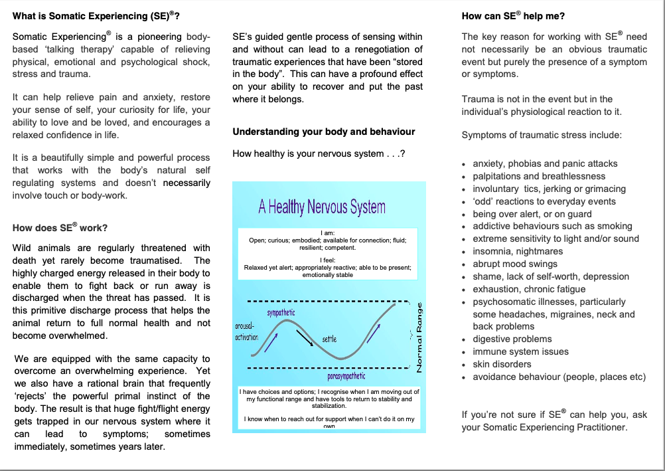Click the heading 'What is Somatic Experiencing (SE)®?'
point(96,15)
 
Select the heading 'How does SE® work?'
point(60,228)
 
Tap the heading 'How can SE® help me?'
point(513,15)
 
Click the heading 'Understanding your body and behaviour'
point(323,132)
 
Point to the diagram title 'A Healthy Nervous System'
point(322,207)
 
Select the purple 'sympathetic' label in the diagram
point(281,312)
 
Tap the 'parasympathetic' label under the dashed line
point(346,376)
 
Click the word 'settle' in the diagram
point(329,339)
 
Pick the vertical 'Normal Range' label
point(419,337)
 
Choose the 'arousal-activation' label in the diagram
point(246,331)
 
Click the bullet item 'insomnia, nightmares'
point(518,251)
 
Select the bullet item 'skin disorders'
point(502,364)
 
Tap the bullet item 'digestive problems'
point(512,339)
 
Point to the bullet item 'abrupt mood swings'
point(515,264)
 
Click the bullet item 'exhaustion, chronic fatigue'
point(529,289)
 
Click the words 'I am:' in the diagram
point(327,233)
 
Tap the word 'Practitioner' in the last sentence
point(596,427)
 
